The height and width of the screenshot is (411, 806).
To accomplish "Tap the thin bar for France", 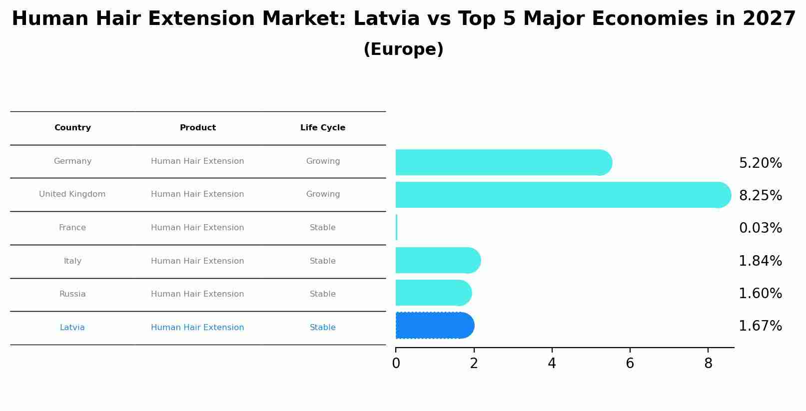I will click(397, 228).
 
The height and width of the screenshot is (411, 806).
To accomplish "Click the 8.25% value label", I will click(760, 195).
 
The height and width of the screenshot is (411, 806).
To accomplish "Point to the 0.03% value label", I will click(760, 228).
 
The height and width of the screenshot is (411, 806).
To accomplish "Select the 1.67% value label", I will click(760, 326).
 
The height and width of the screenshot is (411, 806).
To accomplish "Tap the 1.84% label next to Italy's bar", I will click(760, 261).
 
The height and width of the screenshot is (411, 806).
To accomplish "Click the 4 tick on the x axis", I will click(552, 364).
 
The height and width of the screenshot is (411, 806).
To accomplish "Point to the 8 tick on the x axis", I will click(708, 364).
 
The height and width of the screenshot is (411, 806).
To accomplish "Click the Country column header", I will click(72, 128).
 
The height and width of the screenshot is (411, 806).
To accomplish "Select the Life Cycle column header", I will click(322, 128).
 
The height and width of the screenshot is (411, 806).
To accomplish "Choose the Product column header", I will click(197, 128).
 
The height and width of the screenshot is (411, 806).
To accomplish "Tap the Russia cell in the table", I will click(72, 294).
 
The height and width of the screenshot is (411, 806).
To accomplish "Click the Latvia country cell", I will click(72, 328).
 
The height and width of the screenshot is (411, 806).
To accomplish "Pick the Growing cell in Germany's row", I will click(323, 161).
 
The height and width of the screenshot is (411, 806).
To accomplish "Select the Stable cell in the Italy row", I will click(322, 261).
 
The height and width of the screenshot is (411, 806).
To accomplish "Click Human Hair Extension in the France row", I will click(197, 228).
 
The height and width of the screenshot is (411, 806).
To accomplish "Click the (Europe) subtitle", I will click(403, 49).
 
